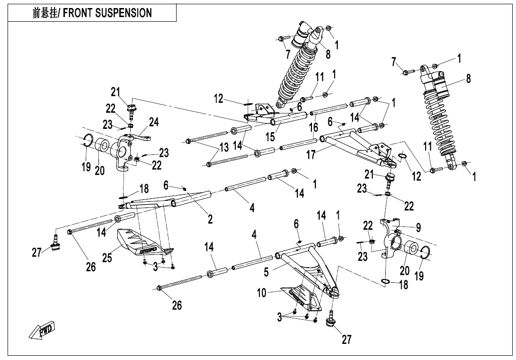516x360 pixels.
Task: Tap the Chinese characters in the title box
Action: [x=46, y=13]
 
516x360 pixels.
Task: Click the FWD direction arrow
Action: [x=43, y=329]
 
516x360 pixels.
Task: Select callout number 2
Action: [x=210, y=219]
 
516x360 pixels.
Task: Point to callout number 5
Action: [x=266, y=272]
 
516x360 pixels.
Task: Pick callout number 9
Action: [x=418, y=227]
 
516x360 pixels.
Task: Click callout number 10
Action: [x=262, y=294]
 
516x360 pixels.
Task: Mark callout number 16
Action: [x=313, y=127]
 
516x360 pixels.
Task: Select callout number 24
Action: [x=154, y=123]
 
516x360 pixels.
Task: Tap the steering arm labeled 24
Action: [x=141, y=138]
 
